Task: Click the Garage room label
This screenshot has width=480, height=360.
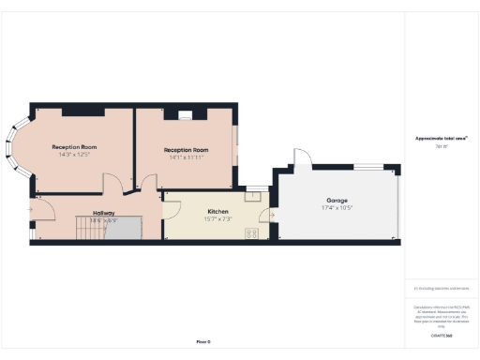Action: pyautogui.click(x=339, y=201)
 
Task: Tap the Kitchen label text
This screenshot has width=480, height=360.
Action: pyautogui.click(x=217, y=212)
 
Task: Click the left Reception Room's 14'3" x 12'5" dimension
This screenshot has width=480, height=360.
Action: pyautogui.click(x=75, y=155)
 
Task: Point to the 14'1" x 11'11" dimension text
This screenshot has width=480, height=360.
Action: pyautogui.click(x=186, y=157)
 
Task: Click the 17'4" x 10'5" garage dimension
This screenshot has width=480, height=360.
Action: pyautogui.click(x=339, y=208)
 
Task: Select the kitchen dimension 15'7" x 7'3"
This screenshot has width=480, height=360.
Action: pyautogui.click(x=217, y=219)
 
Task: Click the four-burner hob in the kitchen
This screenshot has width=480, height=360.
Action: pyautogui.click(x=252, y=232)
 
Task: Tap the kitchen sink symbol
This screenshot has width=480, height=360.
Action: pyautogui.click(x=253, y=197)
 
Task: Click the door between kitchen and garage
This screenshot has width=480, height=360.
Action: pyautogui.click(x=271, y=215)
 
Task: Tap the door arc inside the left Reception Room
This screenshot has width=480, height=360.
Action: pyautogui.click(x=110, y=184)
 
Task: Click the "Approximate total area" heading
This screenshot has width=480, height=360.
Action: pyautogui.click(x=442, y=138)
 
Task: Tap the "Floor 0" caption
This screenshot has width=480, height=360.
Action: pyautogui.click(x=203, y=341)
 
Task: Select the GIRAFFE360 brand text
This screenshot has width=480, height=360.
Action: pyautogui.click(x=442, y=335)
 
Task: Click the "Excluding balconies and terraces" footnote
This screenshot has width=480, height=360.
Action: pyautogui.click(x=442, y=289)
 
